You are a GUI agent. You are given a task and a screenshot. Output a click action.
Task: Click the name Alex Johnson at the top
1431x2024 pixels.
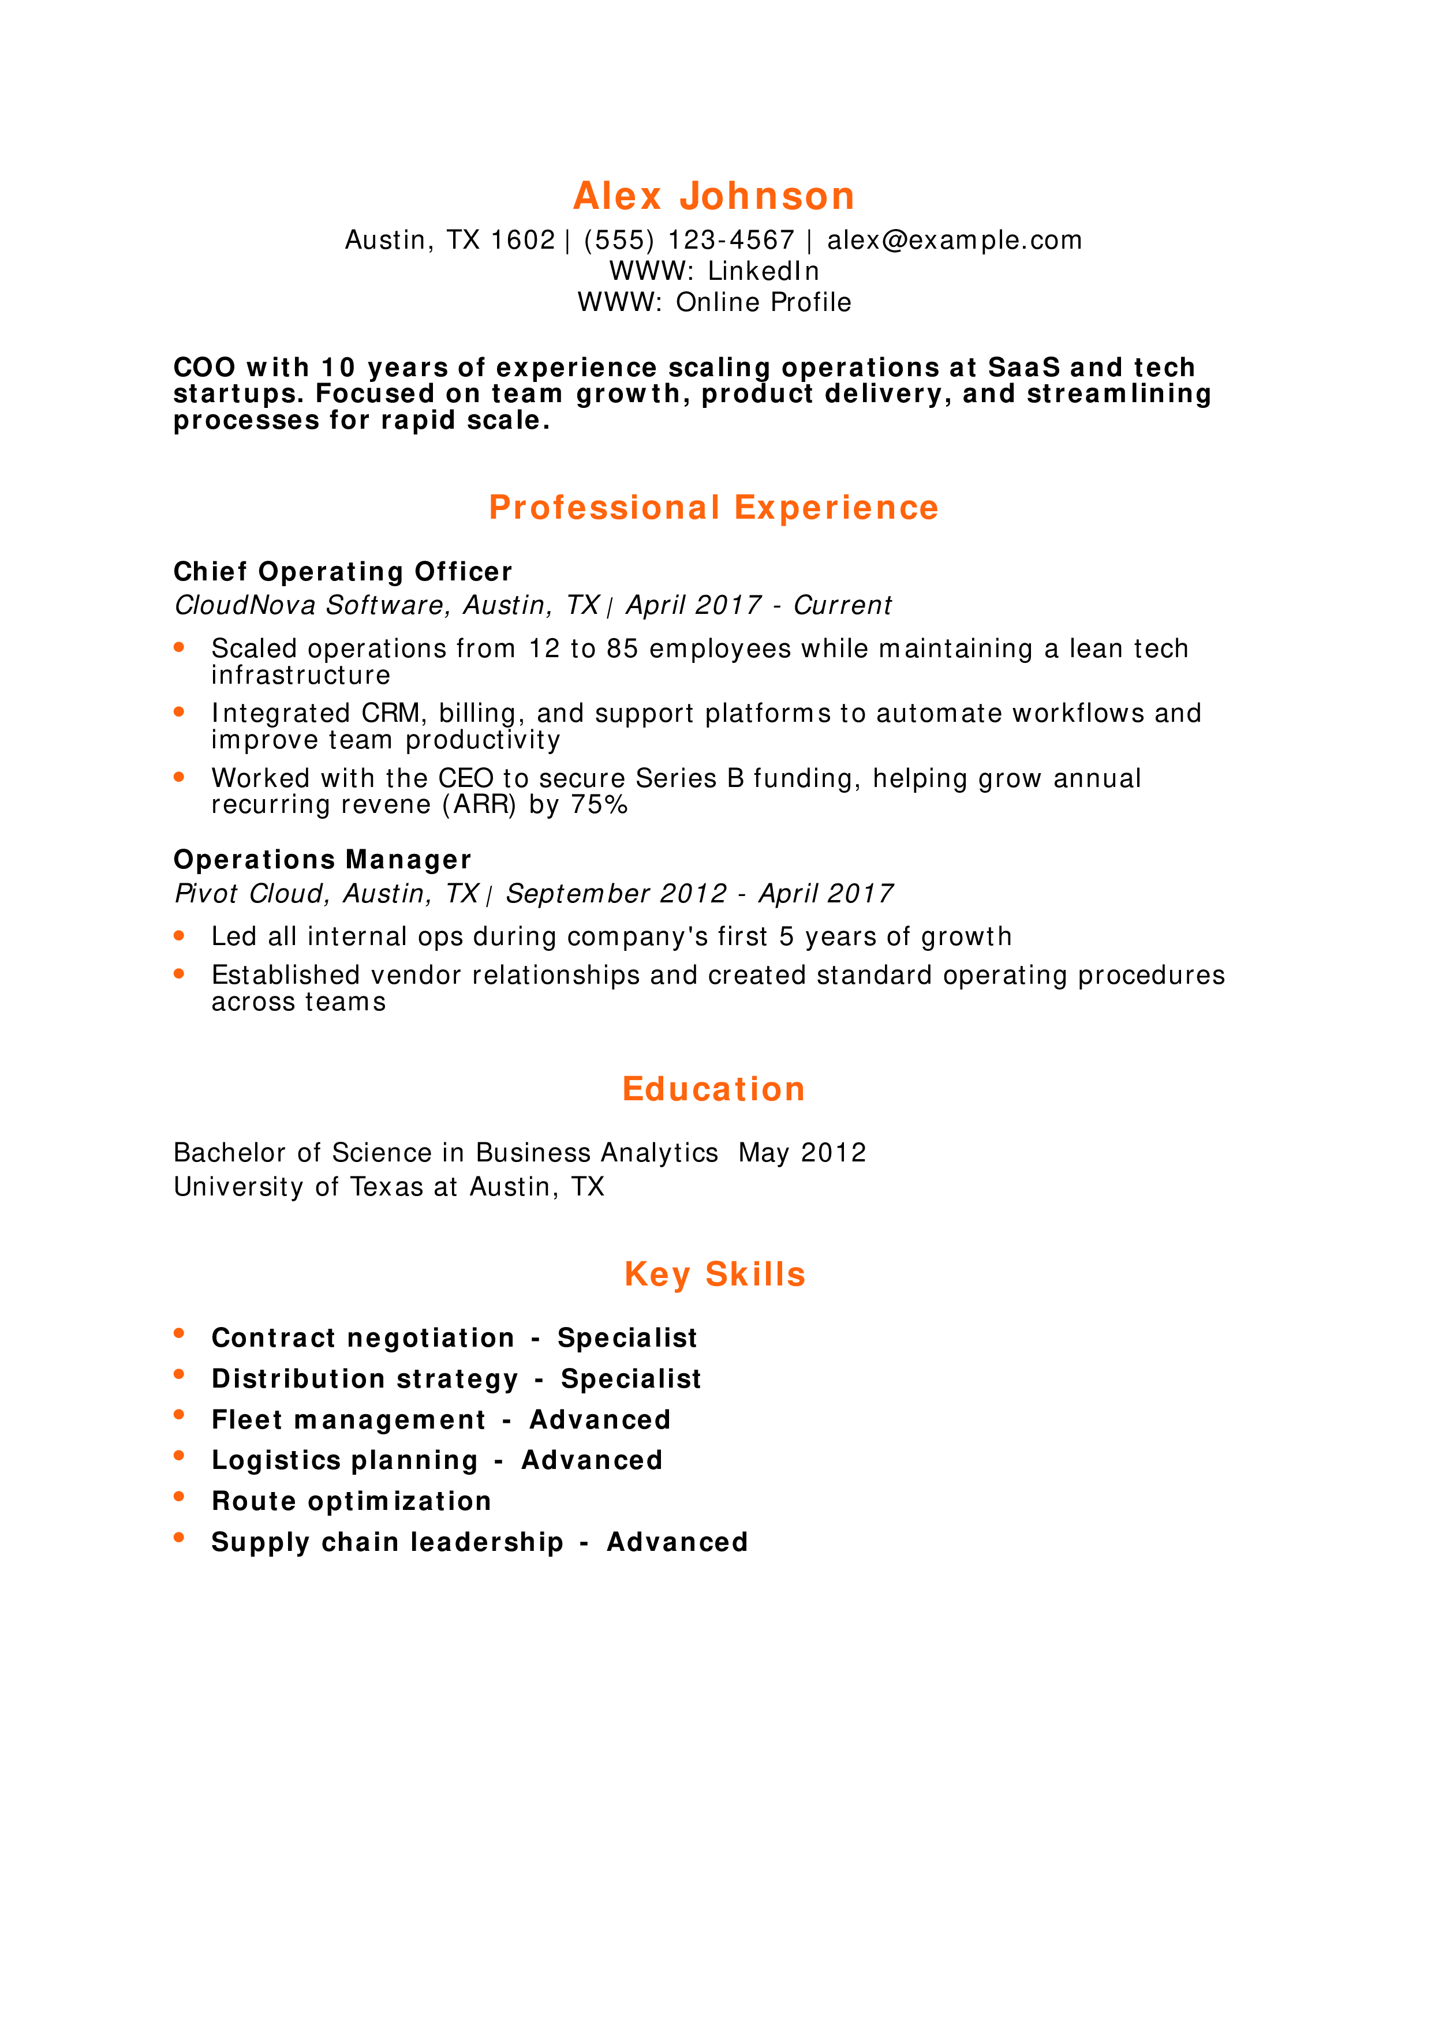pyautogui.click(x=714, y=196)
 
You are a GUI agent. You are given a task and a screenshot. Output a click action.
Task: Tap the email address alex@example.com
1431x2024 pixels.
pyautogui.click(x=954, y=240)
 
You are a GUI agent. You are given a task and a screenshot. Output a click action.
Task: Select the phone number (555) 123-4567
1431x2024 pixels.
pyautogui.click(x=689, y=240)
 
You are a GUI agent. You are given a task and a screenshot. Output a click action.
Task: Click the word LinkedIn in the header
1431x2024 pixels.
pyautogui.click(x=764, y=271)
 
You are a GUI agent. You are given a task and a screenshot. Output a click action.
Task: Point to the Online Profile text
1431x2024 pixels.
pyautogui.click(x=764, y=302)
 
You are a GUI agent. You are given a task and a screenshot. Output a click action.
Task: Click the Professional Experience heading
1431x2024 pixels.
pyautogui.click(x=714, y=508)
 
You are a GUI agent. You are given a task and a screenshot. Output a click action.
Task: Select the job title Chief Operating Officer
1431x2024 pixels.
pyautogui.click(x=343, y=572)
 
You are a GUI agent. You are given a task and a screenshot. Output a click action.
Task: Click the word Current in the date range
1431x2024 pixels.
pyautogui.click(x=842, y=606)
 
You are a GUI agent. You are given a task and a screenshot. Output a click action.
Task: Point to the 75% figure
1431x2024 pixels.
pyautogui.click(x=599, y=805)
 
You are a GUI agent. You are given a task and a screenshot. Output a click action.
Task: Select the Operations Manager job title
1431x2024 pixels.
pyautogui.click(x=323, y=860)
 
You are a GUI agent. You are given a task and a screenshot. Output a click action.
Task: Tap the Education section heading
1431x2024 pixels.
pyautogui.click(x=714, y=1089)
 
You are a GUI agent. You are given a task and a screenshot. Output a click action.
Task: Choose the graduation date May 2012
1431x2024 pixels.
pyautogui.click(x=802, y=1153)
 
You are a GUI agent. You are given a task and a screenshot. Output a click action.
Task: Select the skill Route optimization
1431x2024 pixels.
pyautogui.click(x=352, y=1501)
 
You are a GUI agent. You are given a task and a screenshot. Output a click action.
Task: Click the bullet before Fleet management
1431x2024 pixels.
pyautogui.click(x=179, y=1415)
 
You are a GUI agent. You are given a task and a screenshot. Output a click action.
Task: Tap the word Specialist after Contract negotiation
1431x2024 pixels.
pyautogui.click(x=627, y=1338)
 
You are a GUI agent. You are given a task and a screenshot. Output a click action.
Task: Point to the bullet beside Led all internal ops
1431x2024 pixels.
pyautogui.click(x=179, y=935)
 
